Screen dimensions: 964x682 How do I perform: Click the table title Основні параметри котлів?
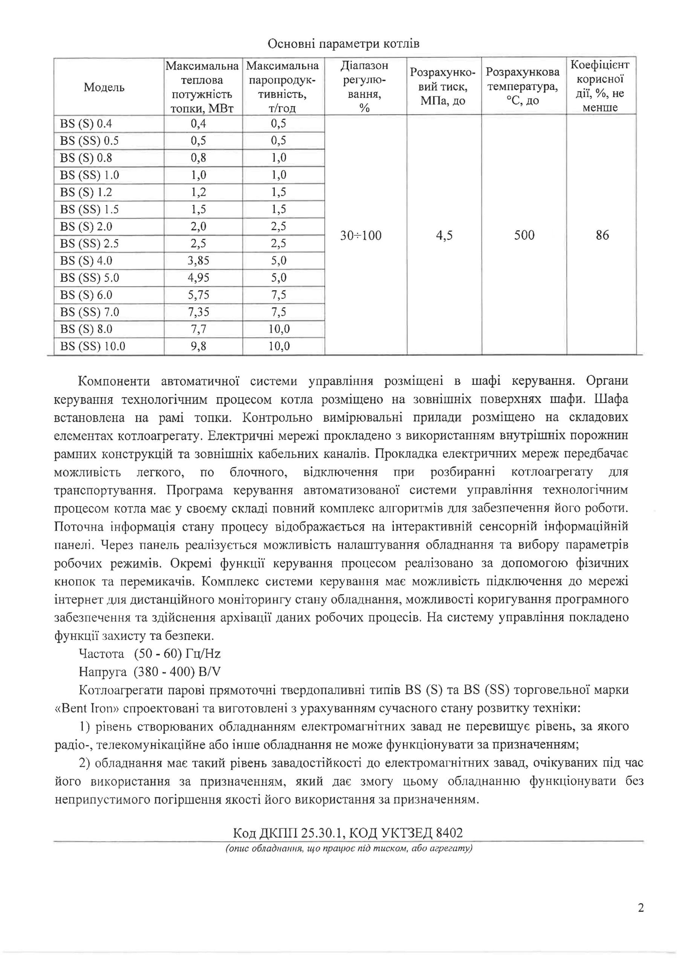pyautogui.click(x=343, y=44)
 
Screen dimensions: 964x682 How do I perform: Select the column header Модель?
pyautogui.click(x=104, y=87)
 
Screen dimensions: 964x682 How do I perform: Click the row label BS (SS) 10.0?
pyautogui.click(x=92, y=346)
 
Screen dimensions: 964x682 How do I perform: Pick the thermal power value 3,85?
pyautogui.click(x=198, y=261)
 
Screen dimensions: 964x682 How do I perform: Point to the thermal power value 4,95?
pyautogui.click(x=198, y=278)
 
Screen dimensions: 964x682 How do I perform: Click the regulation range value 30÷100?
pyautogui.click(x=361, y=236)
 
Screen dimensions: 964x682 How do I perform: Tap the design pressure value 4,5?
pyautogui.click(x=444, y=236)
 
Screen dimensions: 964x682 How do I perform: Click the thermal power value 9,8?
pyautogui.click(x=198, y=346)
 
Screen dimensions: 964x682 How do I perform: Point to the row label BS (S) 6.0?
pyautogui.click(x=86, y=295)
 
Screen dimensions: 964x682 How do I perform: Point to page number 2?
pyautogui.click(x=641, y=920)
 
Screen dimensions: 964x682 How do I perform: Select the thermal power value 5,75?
pyautogui.click(x=198, y=295)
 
